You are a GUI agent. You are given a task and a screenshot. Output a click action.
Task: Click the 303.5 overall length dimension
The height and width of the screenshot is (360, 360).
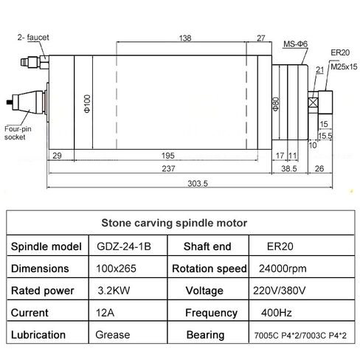click(198, 184)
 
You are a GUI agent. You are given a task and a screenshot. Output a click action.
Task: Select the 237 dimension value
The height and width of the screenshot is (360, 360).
click(168, 169)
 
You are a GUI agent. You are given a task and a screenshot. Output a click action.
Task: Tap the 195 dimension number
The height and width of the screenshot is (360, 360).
click(168, 156)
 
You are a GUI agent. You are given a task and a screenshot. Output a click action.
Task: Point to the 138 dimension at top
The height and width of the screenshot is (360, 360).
click(185, 38)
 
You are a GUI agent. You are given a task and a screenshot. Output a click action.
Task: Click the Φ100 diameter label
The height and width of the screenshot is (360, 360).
click(87, 103)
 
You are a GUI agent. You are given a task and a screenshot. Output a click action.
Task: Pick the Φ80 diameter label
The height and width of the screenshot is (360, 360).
click(276, 104)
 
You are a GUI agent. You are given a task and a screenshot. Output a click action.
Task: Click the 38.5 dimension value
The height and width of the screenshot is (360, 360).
click(289, 169)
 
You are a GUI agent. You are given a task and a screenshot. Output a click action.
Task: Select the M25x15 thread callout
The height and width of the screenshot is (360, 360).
click(344, 66)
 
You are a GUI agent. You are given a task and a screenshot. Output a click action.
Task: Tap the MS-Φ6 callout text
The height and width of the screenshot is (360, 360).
click(295, 44)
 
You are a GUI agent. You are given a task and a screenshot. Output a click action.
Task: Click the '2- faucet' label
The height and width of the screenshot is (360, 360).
click(33, 38)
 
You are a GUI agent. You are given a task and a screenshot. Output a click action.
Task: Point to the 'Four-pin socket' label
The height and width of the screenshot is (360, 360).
click(18, 133)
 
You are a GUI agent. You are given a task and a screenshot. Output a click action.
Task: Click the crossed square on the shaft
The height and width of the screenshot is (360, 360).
click(313, 103)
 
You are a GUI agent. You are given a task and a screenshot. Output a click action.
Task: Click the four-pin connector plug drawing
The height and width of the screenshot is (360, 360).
click(27, 102)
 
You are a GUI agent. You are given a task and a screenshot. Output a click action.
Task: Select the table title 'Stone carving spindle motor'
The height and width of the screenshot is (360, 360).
click(174, 223)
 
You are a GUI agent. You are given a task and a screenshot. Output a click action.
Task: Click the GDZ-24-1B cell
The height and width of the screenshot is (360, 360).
click(124, 246)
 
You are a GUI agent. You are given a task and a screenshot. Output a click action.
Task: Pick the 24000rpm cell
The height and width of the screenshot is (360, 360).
click(283, 269)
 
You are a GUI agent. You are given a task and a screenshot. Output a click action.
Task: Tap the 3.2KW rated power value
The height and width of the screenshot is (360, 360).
click(114, 291)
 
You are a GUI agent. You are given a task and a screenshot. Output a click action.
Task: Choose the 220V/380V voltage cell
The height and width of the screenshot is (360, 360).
click(280, 291)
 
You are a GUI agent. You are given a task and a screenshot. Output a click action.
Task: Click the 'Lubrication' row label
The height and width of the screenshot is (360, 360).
click(38, 335)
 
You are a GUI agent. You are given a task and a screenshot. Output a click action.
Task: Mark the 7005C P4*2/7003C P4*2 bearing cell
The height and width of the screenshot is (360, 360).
click(300, 336)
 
